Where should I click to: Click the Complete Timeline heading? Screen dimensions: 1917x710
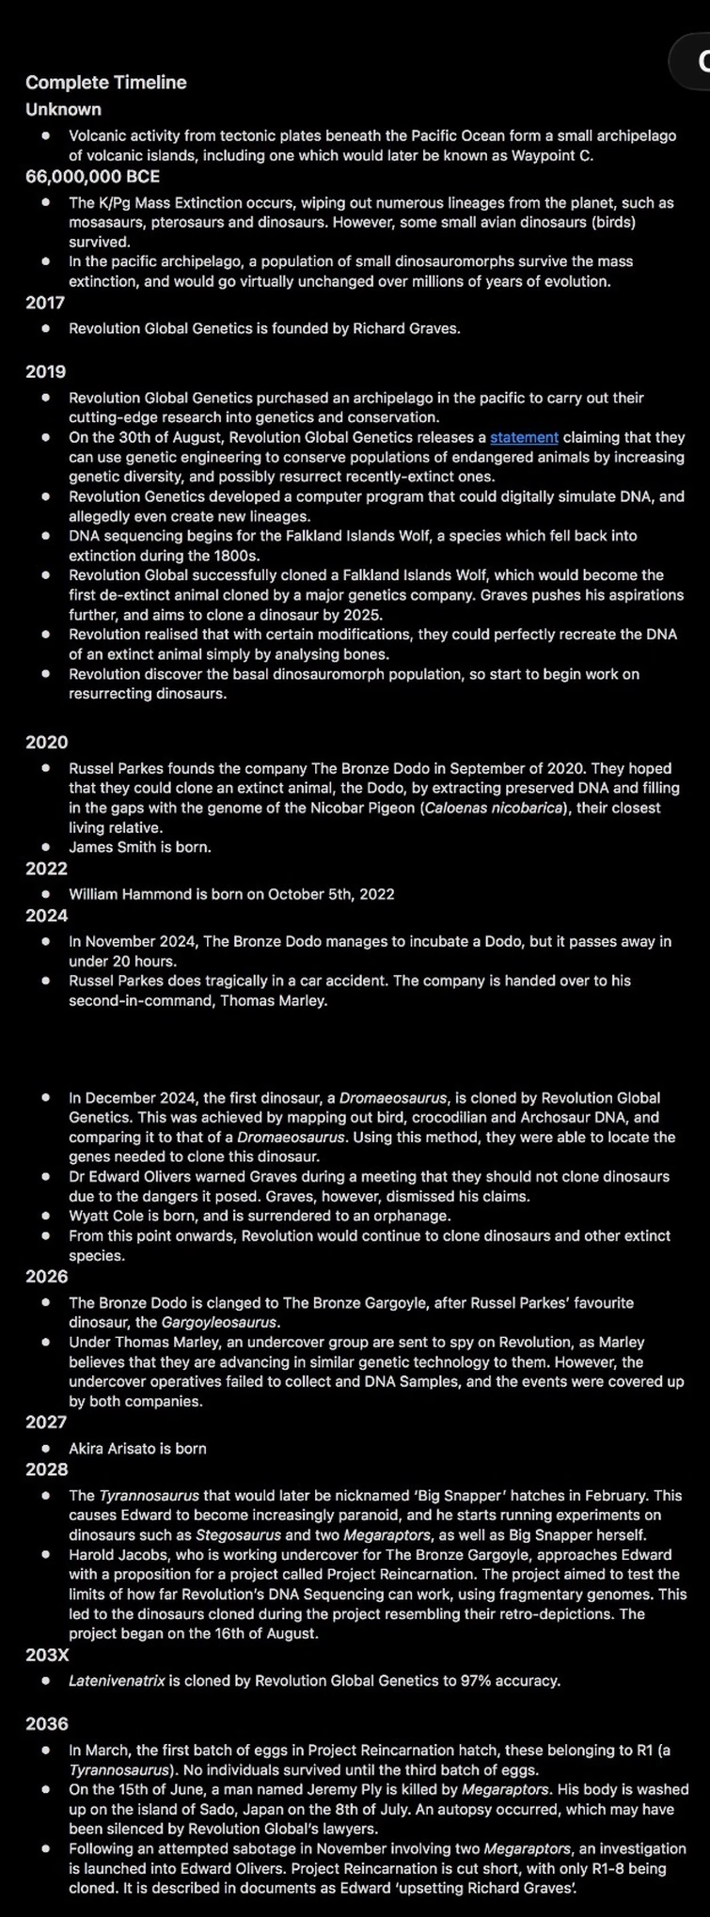point(106,83)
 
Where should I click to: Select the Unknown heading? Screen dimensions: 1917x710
point(63,109)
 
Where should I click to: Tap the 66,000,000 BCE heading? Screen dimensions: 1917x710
point(92,176)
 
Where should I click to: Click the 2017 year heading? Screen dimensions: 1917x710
point(45,302)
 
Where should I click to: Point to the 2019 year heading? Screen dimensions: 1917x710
point(45,371)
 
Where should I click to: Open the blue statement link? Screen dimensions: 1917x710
point(524,437)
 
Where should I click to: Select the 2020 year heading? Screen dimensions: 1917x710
point(46,742)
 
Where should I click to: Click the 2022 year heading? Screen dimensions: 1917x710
point(46,868)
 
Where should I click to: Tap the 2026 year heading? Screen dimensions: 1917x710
point(46,1276)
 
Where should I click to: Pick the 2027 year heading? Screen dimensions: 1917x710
point(46,1422)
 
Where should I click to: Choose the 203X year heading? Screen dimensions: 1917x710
point(47,1655)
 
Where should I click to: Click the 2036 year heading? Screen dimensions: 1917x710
point(46,1723)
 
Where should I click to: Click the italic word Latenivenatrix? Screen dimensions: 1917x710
point(117,1680)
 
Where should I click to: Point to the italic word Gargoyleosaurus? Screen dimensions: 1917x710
point(220,1323)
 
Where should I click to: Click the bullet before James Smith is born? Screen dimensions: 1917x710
point(45,847)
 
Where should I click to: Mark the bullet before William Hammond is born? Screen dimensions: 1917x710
point(45,894)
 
